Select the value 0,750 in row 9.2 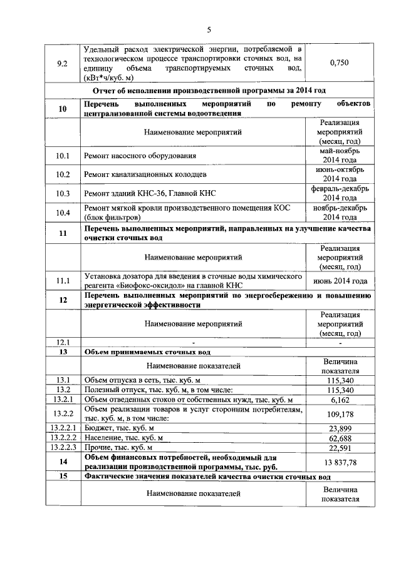[x=338, y=63]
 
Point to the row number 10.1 [x=62, y=155]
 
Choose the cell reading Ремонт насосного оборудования [x=140, y=155]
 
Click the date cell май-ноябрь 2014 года [x=339, y=155]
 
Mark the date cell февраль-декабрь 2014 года [x=339, y=193]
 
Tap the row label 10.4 [x=62, y=212]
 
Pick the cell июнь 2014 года [x=339, y=281]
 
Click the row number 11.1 [x=62, y=281]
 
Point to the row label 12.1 [x=62, y=342]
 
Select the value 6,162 [x=339, y=399]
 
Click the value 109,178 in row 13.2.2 [x=339, y=413]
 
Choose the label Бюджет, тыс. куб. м [x=119, y=428]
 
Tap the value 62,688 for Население [x=339, y=438]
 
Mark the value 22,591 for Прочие [x=339, y=448]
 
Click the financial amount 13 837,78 [x=339, y=462]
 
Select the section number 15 [x=62, y=477]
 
